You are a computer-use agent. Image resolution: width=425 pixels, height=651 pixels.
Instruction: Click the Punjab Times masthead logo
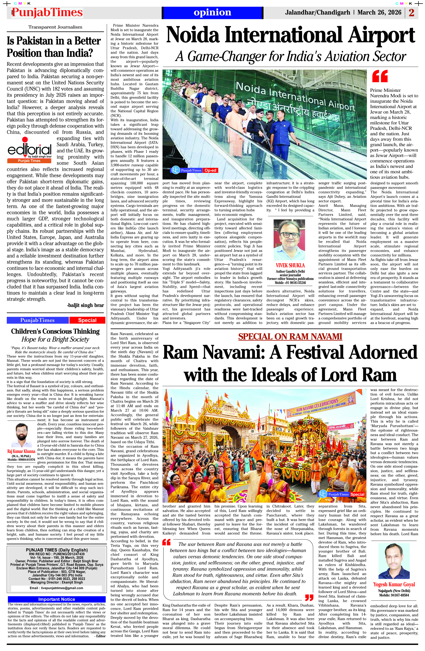[x=47, y=13]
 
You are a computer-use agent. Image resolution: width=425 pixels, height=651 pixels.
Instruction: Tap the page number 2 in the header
[x=411, y=13]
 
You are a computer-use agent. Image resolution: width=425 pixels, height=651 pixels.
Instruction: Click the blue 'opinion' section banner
[x=212, y=13]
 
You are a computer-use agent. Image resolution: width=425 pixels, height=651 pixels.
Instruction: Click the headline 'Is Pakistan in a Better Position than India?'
[x=54, y=47]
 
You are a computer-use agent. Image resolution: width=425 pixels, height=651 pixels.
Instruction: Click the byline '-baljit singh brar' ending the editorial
[x=85, y=305]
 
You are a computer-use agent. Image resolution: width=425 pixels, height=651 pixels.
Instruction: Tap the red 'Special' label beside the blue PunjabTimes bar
[x=87, y=320]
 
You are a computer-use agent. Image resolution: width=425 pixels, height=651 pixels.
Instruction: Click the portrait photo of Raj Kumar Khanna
[x=21, y=435]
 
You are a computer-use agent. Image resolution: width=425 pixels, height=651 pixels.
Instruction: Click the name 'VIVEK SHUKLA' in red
[x=290, y=265]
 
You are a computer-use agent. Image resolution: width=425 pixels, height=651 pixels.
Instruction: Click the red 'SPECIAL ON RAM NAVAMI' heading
[x=290, y=336]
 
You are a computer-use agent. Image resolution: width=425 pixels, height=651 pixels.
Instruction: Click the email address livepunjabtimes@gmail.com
[x=57, y=588]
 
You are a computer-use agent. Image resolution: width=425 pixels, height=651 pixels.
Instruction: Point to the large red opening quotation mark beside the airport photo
[x=380, y=76]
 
